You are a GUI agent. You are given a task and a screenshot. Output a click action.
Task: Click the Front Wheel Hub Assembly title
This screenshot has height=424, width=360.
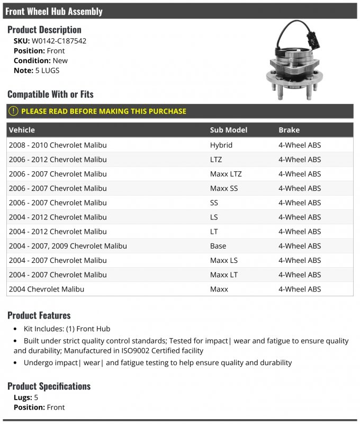tap(54, 11)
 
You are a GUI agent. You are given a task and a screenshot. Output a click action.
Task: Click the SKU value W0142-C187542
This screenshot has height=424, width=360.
tap(59, 41)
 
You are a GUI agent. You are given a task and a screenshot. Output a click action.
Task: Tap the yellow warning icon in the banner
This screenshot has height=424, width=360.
tap(13, 111)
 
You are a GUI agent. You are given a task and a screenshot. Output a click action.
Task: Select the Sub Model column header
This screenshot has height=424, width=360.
tap(228, 130)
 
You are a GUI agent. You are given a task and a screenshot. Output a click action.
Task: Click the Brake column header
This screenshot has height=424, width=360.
tap(289, 130)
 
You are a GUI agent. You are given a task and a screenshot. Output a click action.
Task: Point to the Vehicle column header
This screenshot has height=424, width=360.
tap(22, 130)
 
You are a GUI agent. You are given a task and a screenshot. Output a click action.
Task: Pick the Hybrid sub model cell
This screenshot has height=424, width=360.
tap(221, 145)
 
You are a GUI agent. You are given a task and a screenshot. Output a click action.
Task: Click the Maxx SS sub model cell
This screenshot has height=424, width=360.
tap(223, 188)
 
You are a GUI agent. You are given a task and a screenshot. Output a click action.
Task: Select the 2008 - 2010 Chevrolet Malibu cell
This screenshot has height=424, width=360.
tap(58, 145)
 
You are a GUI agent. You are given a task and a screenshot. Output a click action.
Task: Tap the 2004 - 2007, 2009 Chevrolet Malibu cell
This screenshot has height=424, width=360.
tap(68, 246)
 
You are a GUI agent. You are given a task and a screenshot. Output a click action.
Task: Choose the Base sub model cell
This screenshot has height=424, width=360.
tap(218, 246)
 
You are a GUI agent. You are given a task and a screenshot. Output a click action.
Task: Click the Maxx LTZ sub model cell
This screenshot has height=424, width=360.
tap(226, 174)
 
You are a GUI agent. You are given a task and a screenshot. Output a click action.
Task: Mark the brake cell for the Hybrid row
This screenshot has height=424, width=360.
tap(300, 145)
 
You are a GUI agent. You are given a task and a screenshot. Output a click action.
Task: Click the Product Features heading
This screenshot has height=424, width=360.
tap(39, 315)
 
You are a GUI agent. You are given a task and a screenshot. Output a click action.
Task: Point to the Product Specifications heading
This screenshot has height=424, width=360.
tap(49, 386)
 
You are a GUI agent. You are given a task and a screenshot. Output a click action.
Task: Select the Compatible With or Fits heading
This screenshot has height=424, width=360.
tap(50, 94)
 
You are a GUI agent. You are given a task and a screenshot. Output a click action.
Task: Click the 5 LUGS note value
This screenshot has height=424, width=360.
tap(47, 70)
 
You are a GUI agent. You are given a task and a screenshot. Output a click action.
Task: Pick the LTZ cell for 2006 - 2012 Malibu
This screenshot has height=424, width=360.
tap(216, 160)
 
